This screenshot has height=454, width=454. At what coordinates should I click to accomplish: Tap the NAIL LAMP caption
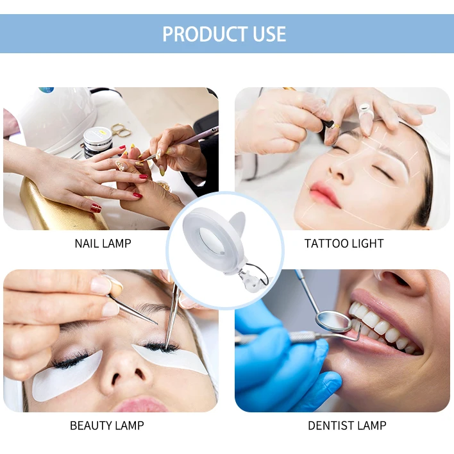[103, 244]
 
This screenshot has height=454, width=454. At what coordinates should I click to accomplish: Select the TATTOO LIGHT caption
[344, 244]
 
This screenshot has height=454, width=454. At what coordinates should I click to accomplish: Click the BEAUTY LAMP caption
[106, 426]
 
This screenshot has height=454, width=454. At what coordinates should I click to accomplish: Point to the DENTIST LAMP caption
[347, 426]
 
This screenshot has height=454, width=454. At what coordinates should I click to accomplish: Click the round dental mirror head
[333, 321]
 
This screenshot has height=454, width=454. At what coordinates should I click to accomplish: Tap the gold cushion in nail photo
[58, 205]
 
